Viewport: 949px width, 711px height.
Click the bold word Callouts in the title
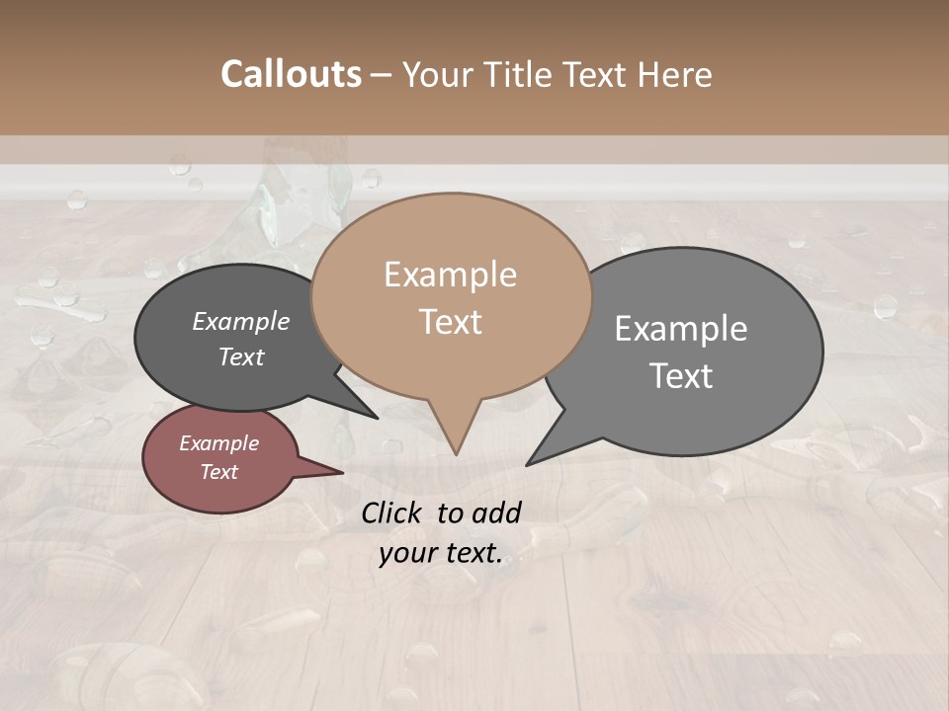coord(291,74)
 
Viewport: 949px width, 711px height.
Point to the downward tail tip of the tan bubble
coord(456,453)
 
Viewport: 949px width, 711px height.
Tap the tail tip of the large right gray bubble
coord(529,462)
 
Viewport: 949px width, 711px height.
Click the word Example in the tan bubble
coord(450,275)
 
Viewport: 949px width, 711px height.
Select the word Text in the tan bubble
coord(450,322)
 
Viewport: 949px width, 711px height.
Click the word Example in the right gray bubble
coord(681,329)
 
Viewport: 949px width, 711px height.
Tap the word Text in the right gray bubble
coord(681,376)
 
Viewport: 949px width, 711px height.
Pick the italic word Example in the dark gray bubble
coord(240,322)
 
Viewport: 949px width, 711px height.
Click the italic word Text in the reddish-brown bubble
coord(218,472)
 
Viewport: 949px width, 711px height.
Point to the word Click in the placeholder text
coord(392,513)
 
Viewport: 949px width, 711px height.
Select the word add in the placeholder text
coord(498,513)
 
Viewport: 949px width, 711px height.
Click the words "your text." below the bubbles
coord(441,554)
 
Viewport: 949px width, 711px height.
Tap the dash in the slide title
coord(382,75)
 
